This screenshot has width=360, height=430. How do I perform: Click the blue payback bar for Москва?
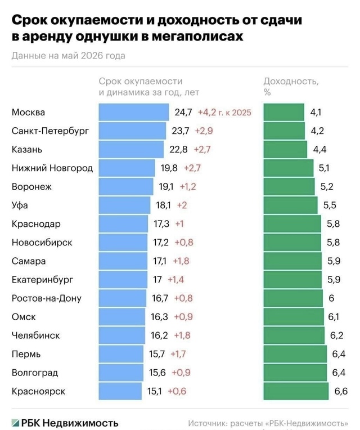(134, 112)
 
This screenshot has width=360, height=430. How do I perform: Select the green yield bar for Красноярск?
(296, 391)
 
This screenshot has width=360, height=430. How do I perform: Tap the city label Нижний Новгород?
(52, 168)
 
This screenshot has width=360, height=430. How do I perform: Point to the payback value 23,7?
(180, 131)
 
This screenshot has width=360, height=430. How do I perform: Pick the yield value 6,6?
(341, 391)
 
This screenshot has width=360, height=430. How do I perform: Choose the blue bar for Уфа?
(124, 205)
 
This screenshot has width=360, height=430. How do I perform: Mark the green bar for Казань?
(285, 150)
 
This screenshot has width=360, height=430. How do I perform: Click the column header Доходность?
(291, 81)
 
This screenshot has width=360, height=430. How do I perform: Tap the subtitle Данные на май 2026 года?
(69, 56)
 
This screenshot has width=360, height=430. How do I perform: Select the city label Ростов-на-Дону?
(47, 298)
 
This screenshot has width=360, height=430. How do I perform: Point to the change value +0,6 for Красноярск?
(177, 391)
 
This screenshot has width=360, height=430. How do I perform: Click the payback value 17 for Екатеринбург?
(157, 280)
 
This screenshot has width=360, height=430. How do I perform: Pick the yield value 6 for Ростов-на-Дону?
(331, 298)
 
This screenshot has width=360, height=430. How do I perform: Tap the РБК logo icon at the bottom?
(15, 423)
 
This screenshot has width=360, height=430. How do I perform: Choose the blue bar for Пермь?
(121, 354)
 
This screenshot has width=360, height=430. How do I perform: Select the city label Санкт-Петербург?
(51, 131)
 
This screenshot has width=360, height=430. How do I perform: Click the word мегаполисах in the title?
(197, 37)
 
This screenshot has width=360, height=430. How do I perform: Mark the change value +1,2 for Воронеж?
(188, 187)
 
